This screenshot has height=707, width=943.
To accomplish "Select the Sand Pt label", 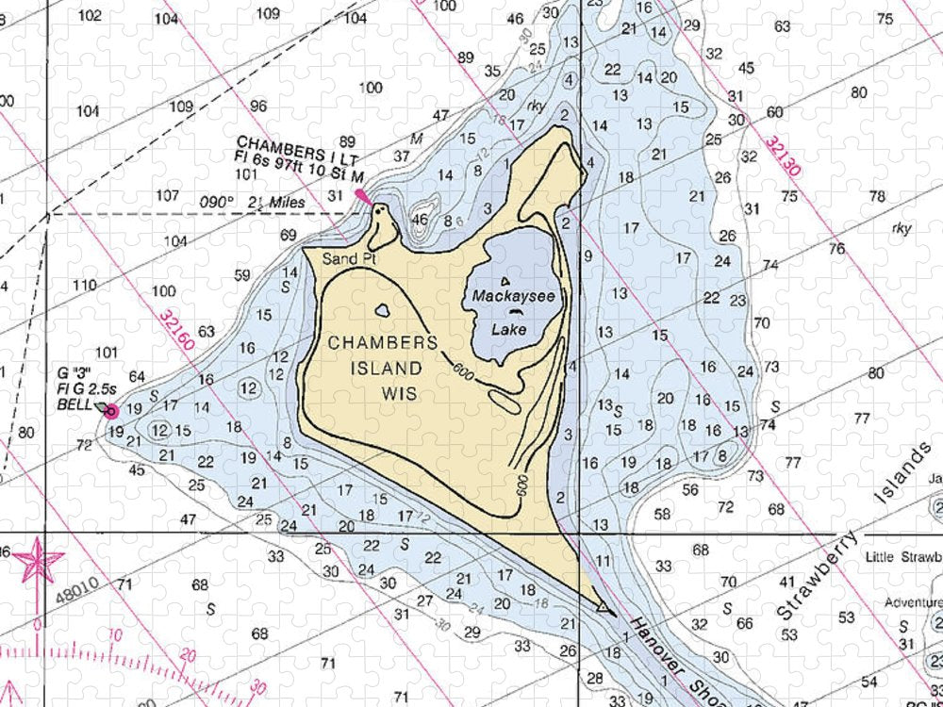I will pos(341,258).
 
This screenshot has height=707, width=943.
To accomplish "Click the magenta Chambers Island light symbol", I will pos(362,196).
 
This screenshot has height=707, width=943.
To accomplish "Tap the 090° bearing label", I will pos(216,202).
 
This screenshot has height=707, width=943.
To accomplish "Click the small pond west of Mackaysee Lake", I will pos(383,309).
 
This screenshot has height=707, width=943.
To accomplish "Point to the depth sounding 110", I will pos(84,286).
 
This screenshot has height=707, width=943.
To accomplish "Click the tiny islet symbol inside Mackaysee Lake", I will pos(506,281).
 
